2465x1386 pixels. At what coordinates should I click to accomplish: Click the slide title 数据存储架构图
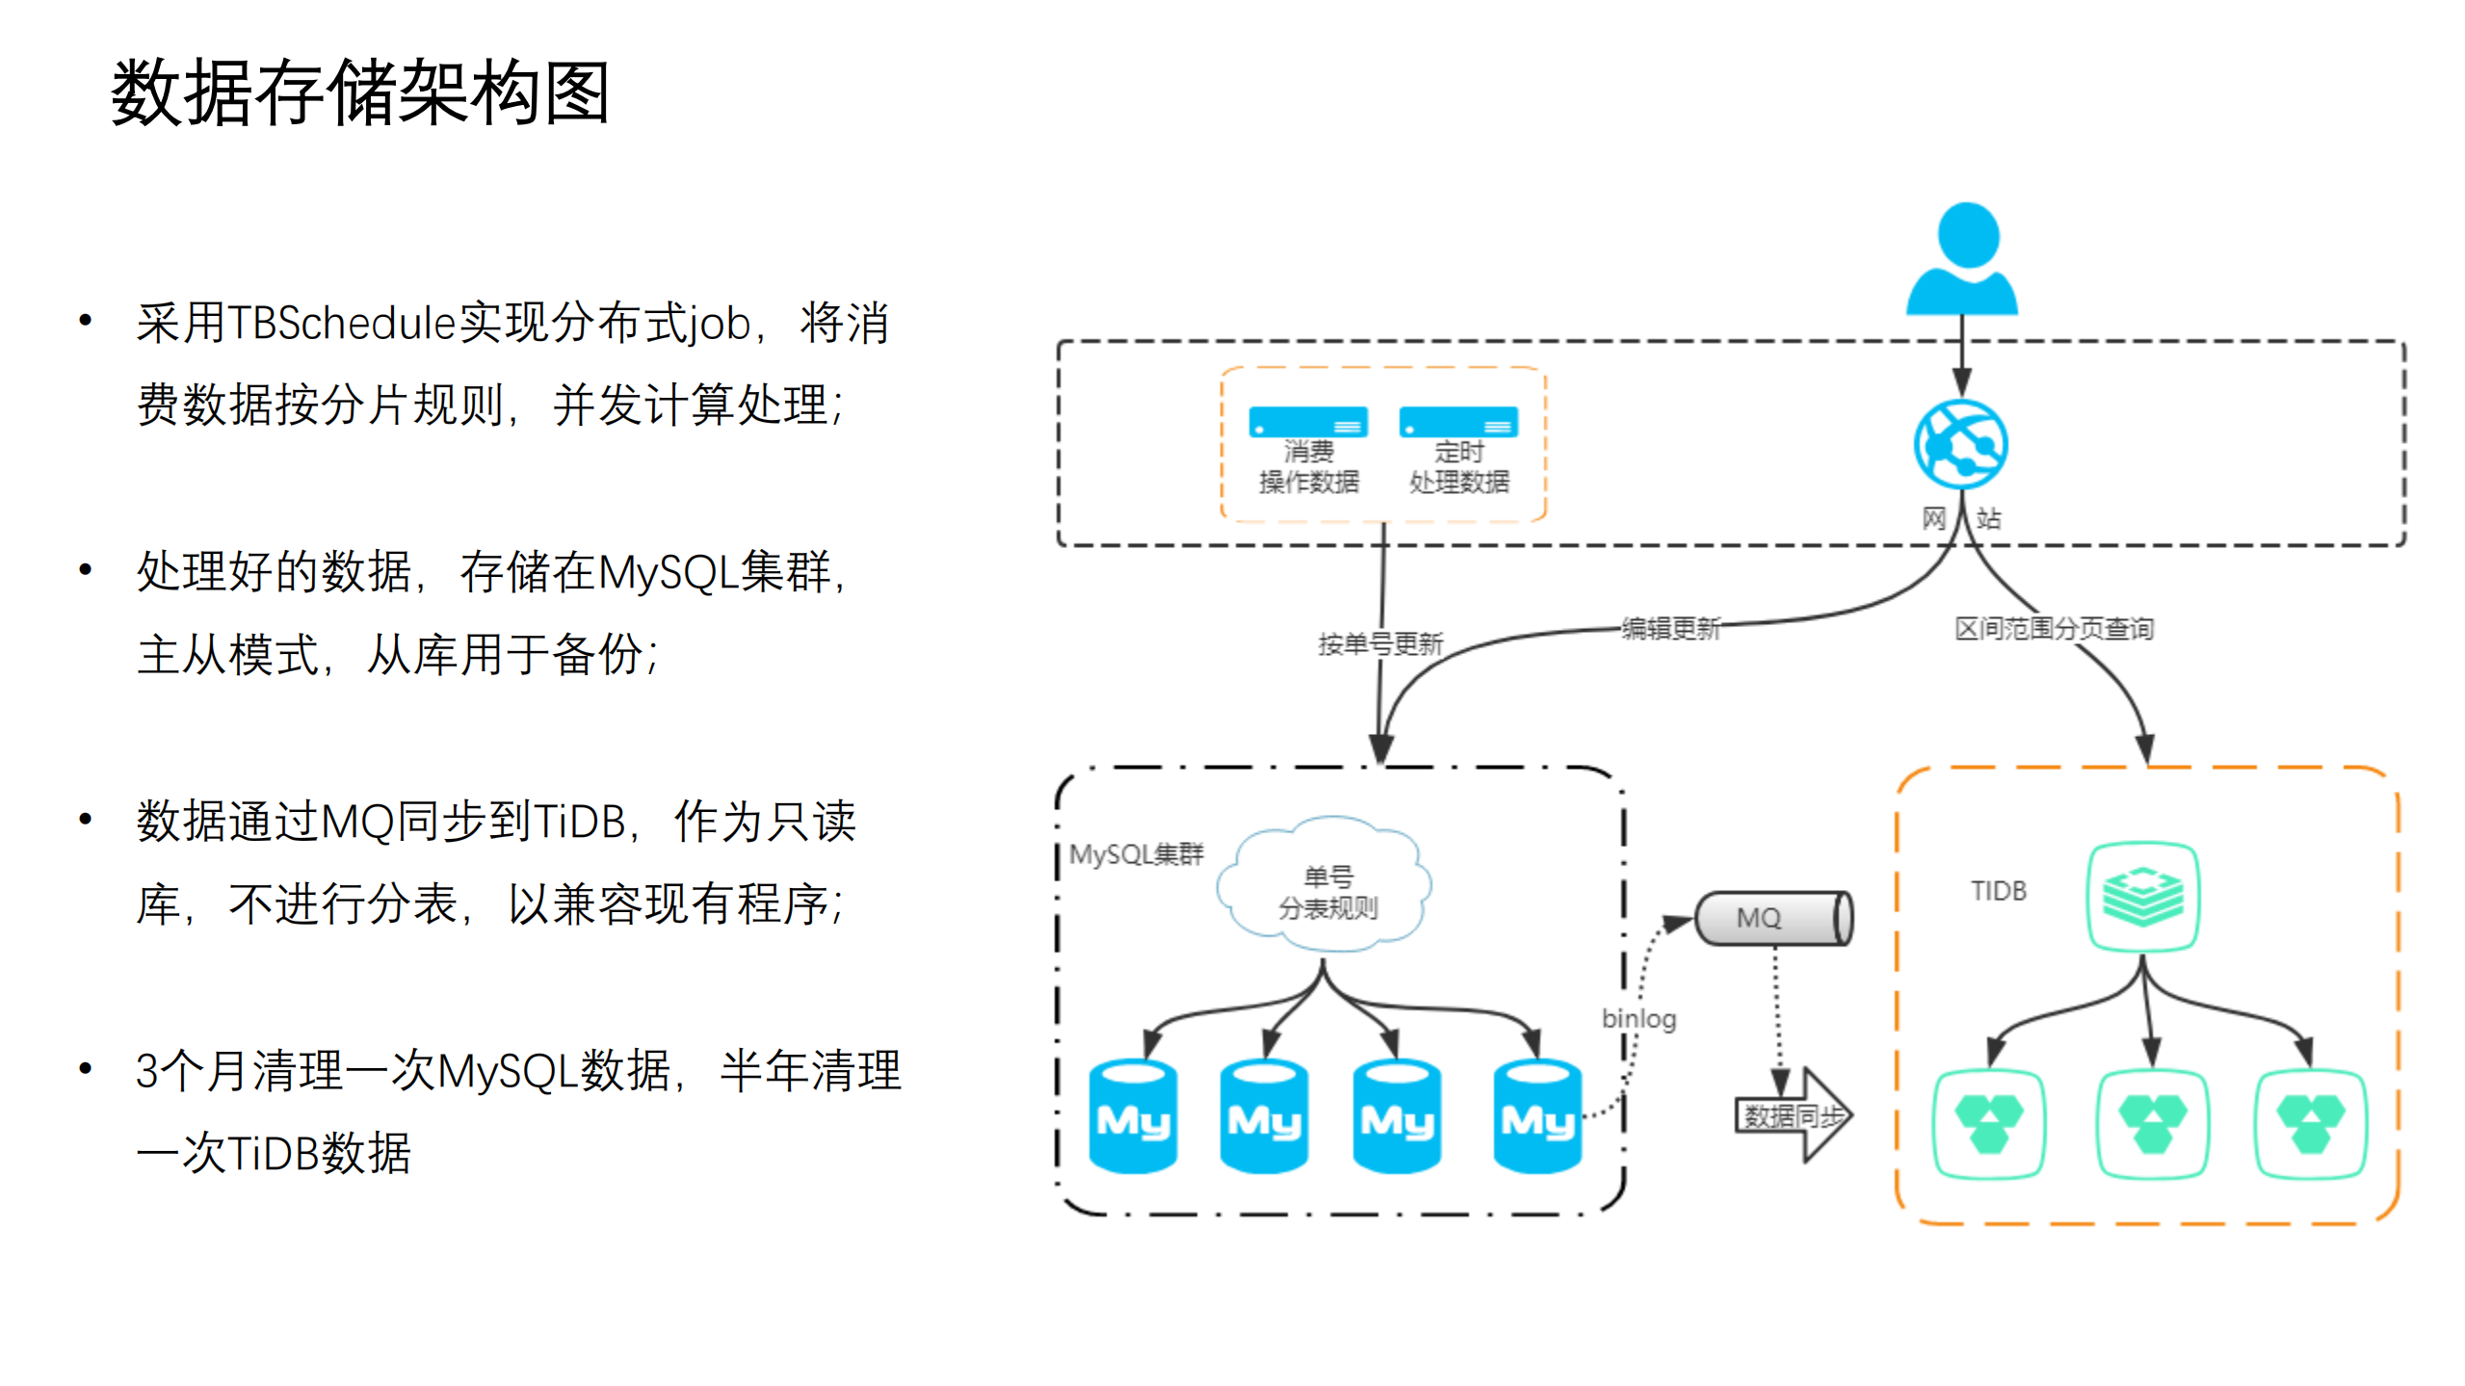[359, 92]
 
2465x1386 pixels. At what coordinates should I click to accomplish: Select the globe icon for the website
[1960, 444]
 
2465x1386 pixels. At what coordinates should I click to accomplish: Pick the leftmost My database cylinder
[1133, 1117]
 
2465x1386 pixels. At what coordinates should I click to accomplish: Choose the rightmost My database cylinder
[1536, 1117]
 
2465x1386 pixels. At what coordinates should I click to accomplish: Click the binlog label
[1639, 1018]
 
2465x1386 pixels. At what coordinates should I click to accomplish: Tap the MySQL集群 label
[1136, 853]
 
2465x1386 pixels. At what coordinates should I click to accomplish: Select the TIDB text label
[1998, 891]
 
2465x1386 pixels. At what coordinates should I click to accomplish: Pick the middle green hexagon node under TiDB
[2152, 1123]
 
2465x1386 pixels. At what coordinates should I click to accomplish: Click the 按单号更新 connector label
[1379, 643]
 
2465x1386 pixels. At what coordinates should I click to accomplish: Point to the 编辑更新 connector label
[1670, 629]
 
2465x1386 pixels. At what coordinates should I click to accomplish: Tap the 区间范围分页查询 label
[2053, 629]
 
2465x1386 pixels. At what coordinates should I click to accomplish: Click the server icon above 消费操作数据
[1307, 422]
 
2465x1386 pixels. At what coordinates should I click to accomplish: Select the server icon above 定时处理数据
[1457, 422]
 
